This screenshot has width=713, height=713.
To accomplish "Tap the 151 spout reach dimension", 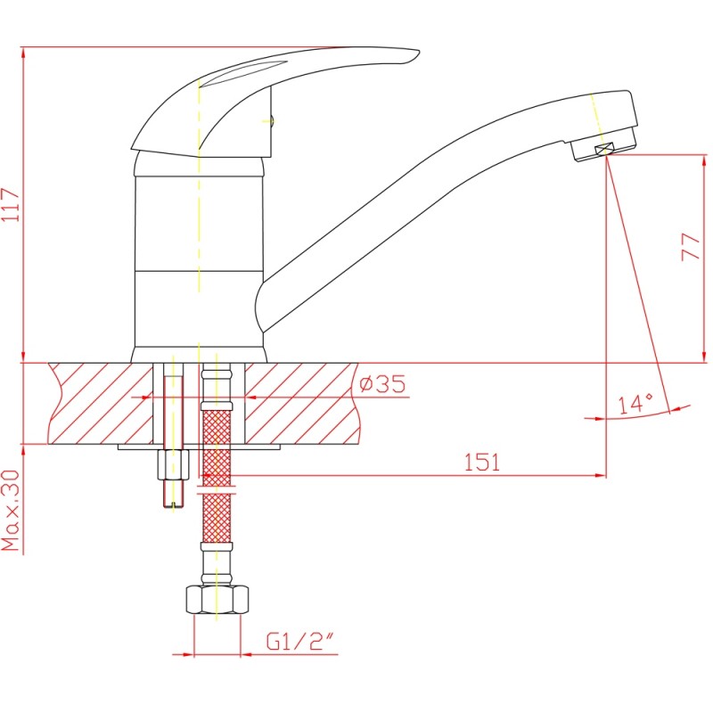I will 481,463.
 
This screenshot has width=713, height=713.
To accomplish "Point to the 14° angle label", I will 635,404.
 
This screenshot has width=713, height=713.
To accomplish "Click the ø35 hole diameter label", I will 381,385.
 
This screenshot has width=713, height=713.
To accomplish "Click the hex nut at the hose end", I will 217,599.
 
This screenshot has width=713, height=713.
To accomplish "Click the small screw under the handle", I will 273,121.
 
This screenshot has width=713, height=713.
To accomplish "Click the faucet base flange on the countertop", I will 198,354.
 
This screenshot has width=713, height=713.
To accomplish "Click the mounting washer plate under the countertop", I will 201,446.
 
